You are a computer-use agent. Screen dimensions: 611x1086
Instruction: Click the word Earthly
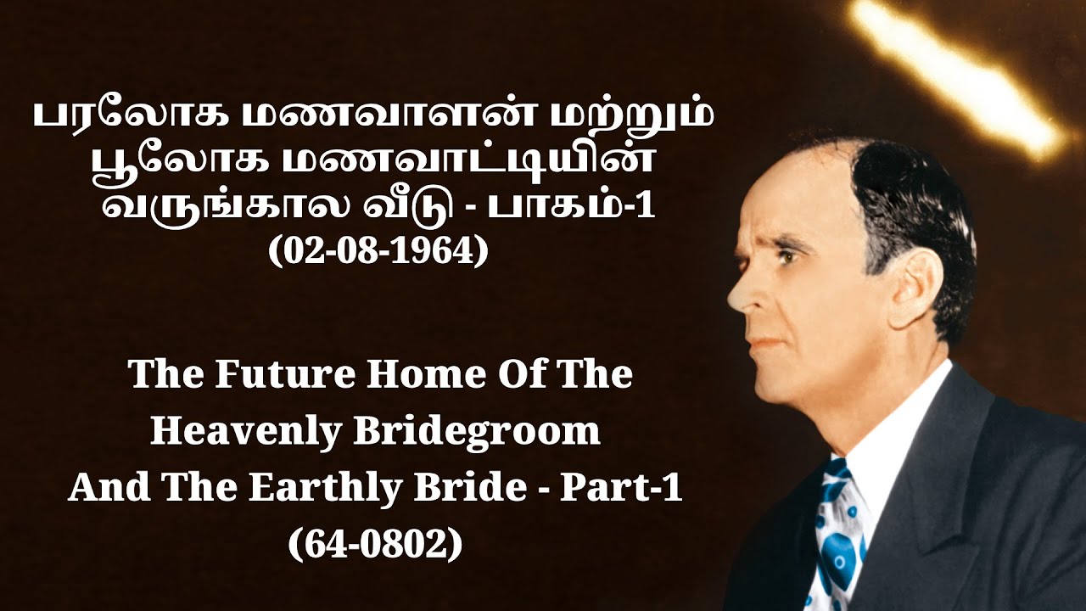click(x=311, y=489)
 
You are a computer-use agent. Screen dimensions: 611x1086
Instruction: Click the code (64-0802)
click(x=375, y=543)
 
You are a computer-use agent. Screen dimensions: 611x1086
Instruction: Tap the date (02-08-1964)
click(x=378, y=252)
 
